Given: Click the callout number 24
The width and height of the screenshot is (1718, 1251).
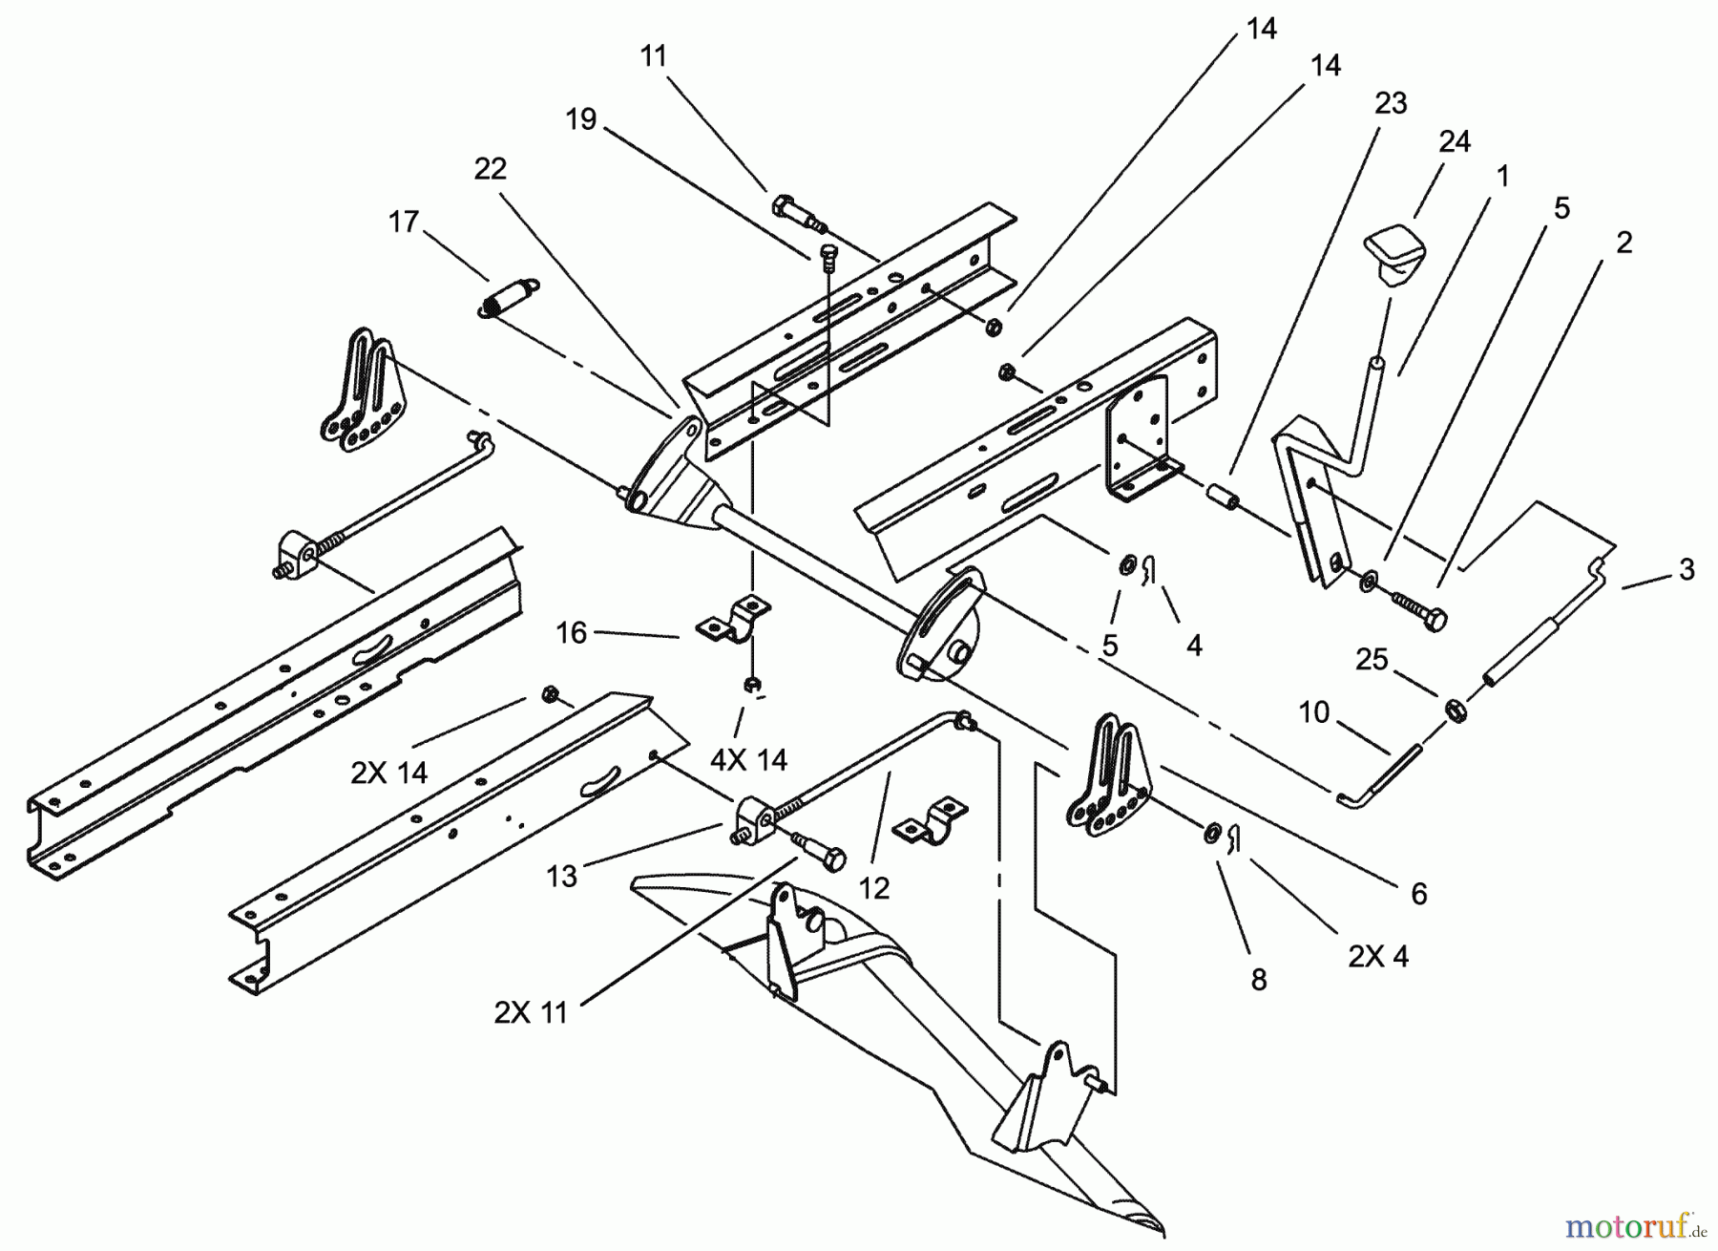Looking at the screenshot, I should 1455,142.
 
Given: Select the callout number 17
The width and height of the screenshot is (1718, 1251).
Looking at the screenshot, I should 404,222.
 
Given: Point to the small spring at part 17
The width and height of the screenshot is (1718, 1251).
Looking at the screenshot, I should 507,293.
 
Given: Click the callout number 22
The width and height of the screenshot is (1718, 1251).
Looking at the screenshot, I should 490,169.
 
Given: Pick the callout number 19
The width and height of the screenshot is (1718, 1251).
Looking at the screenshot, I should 580,119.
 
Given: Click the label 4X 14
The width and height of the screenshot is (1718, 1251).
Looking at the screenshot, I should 748,759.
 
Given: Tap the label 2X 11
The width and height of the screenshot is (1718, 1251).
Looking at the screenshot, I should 531,1012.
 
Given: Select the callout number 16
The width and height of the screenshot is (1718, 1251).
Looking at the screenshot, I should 571,633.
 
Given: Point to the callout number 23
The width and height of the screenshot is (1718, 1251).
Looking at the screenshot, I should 1391,103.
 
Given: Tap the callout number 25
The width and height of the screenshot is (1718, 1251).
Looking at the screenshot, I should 1372,660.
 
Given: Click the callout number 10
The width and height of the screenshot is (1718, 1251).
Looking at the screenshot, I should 1313,711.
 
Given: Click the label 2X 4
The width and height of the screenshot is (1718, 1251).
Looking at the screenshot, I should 1377,955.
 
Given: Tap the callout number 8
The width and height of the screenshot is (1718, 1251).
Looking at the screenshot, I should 1258,979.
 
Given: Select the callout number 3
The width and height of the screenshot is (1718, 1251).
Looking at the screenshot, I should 1687,569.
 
